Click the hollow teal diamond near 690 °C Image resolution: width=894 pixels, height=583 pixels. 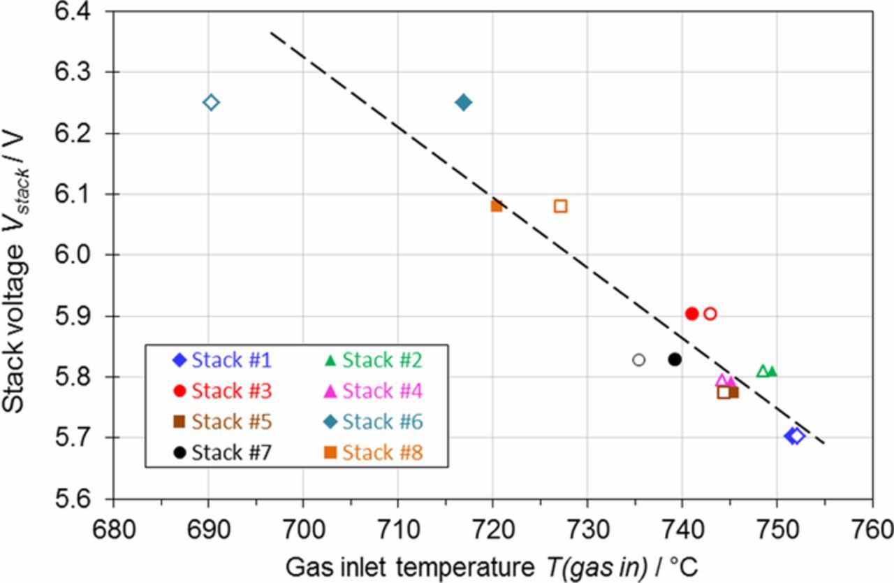tap(211, 103)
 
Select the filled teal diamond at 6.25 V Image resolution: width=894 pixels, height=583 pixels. tap(463, 103)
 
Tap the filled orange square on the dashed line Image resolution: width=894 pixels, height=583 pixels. tap(497, 206)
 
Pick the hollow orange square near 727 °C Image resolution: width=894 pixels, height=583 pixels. tap(560, 206)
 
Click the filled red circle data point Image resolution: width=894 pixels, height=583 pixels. tap(692, 314)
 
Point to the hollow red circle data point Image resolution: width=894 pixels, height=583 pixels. tap(710, 314)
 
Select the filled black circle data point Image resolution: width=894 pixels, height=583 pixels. tap(675, 359)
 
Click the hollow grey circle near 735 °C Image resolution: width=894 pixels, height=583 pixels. tap(638, 360)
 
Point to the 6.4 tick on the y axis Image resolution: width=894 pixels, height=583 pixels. tap(77, 12)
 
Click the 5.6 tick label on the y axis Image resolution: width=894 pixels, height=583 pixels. tap(77, 499)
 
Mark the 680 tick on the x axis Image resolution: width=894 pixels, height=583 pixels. tap(113, 525)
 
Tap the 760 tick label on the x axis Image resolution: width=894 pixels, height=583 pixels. tap(872, 525)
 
